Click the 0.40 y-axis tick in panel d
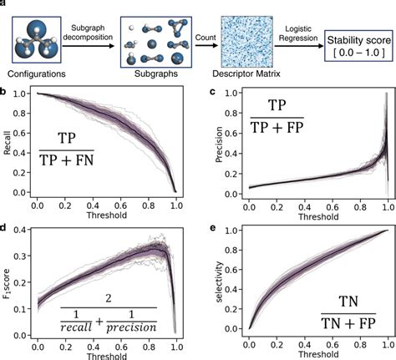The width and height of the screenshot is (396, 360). coord(21,231)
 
